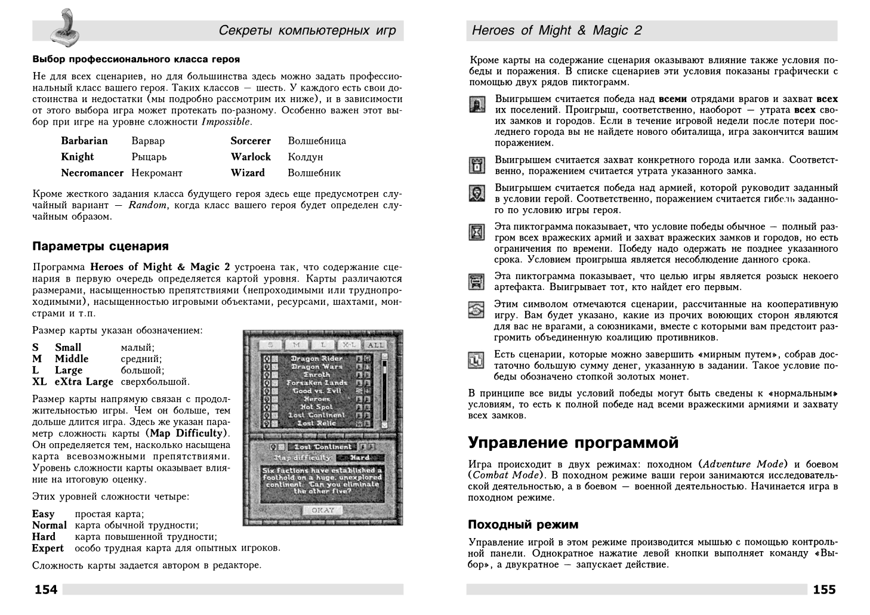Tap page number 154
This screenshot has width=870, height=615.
[x=46, y=590]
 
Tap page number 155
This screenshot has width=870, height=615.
[x=824, y=590]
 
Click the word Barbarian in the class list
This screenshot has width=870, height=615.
[x=84, y=141]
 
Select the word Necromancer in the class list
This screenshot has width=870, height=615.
[x=92, y=172]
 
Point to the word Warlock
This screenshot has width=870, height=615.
[x=251, y=156]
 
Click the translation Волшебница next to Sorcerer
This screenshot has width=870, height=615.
[x=317, y=141]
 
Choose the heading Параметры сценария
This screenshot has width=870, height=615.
[x=100, y=246]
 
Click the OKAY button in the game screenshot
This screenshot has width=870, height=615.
[x=323, y=510]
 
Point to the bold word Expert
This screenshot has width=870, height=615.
[x=48, y=548]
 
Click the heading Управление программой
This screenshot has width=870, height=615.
[x=573, y=443]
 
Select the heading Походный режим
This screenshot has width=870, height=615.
[x=523, y=524]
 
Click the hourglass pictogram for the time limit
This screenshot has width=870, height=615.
[x=476, y=231]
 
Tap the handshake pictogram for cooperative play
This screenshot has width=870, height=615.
[x=476, y=309]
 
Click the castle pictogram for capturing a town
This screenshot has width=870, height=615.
[x=476, y=165]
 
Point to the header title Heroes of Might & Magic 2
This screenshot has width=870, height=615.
[x=556, y=30]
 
